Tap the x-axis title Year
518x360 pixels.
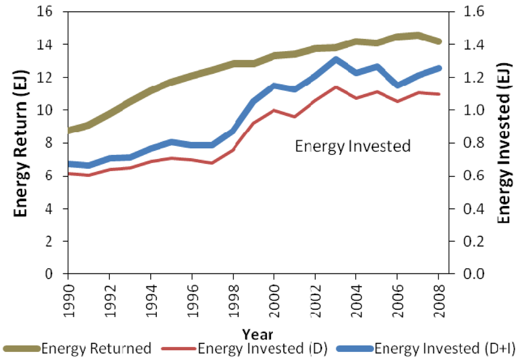[x=257, y=334]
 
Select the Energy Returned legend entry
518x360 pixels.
[x=96, y=348]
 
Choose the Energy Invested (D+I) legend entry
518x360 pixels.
[x=445, y=348]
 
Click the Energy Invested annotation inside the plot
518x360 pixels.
[x=353, y=146]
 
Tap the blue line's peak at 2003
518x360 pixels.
[x=335, y=59]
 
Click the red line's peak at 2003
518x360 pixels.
[x=335, y=87]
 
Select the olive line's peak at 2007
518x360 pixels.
[x=418, y=35]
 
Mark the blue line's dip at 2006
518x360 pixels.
[x=398, y=85]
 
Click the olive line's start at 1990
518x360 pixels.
[x=69, y=130]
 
